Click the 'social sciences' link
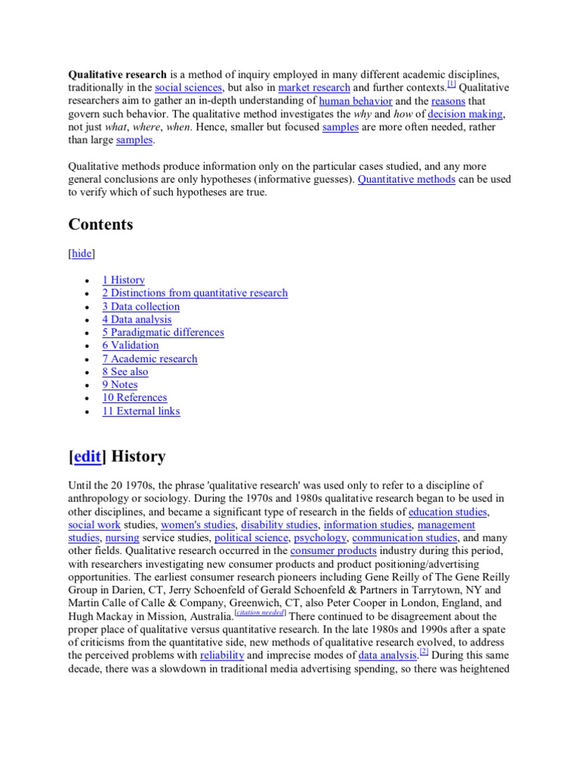point(188,88)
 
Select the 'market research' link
point(314,88)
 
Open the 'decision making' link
point(465,114)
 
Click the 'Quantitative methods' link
point(406,179)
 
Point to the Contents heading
point(100,224)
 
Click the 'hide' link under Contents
point(82,254)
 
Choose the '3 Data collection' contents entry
point(141,306)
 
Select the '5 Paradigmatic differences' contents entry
point(163,332)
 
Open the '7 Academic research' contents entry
point(150,359)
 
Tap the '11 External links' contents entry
point(141,411)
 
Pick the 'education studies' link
point(448,511)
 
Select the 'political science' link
point(251,537)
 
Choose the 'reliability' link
point(221,655)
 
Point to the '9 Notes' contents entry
point(120,385)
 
